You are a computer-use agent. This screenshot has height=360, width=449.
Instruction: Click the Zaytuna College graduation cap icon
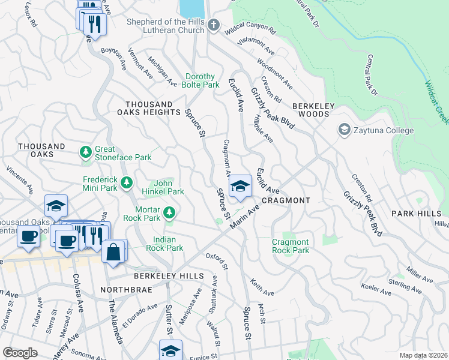point(345,130)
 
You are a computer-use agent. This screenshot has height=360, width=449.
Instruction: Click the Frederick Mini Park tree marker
point(127,182)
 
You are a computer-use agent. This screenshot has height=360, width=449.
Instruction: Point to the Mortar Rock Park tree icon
point(170,212)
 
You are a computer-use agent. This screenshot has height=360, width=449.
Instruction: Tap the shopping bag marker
point(113,252)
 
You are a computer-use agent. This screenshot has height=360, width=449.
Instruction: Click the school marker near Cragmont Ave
point(241,187)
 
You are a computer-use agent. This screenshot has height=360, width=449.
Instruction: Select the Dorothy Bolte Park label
point(202,80)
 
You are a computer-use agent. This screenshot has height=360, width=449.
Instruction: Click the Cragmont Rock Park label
point(291,246)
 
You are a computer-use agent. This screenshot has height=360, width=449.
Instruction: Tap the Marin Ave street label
point(244,215)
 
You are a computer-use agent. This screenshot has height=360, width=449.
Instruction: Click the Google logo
point(20,353)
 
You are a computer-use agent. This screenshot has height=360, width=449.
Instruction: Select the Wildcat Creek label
point(436,103)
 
